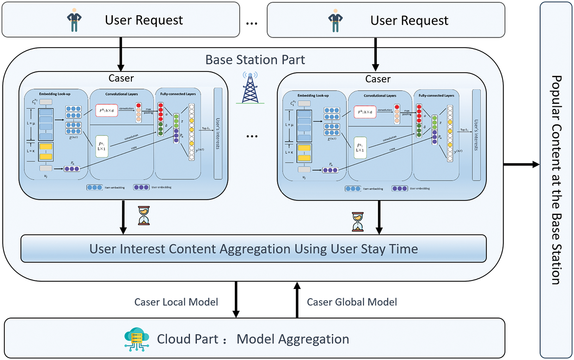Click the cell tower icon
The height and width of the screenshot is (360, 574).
coord(250,88)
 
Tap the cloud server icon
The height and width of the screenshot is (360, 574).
coord(137,339)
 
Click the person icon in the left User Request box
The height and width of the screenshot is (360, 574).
coord(74,20)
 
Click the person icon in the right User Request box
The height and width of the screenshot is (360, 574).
coord(335,21)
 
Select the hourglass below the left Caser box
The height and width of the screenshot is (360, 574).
coord(144,215)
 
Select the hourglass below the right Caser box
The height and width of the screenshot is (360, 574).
coord(358,222)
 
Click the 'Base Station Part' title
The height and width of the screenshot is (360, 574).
coord(255,60)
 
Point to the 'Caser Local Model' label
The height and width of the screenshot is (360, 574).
coord(176,302)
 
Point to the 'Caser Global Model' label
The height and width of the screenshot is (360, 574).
coord(352,302)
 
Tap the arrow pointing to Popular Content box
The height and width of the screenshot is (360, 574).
coord(521,165)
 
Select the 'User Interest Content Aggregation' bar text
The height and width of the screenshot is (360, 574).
coord(253,249)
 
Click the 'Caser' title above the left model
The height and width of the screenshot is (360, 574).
coord(121,78)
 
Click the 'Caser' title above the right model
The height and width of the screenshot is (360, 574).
coord(378,79)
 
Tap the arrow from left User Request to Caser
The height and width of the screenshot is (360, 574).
coord(121,54)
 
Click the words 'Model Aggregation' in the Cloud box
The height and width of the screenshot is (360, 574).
coord(292,339)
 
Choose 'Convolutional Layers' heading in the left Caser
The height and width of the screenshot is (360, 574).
coord(121,94)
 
